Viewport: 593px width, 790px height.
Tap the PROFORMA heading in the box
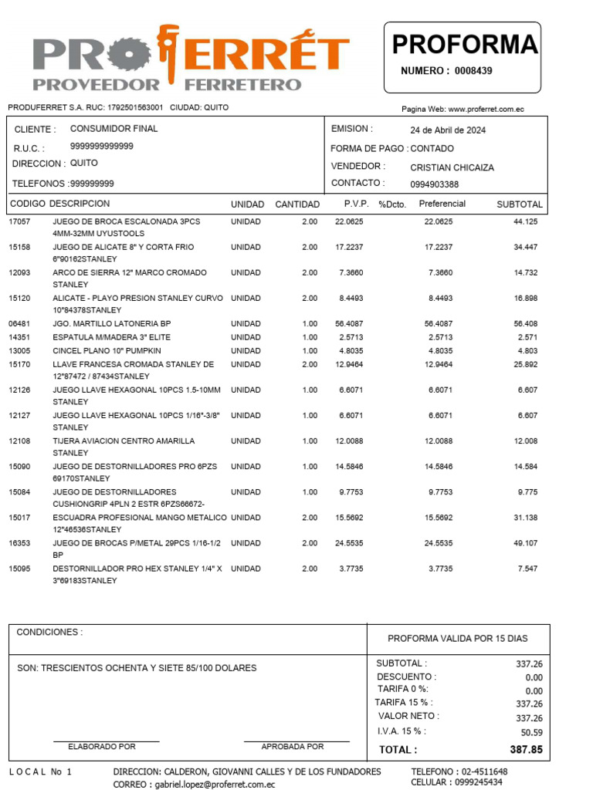(x=464, y=45)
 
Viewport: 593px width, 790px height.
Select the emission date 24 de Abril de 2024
(x=448, y=130)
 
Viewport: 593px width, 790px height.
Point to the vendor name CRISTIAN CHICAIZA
(x=452, y=167)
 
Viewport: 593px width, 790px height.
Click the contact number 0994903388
(x=434, y=184)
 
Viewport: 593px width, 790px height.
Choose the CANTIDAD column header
(x=297, y=204)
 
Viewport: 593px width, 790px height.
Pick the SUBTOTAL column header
(x=520, y=204)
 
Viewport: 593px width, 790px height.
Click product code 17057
(x=19, y=221)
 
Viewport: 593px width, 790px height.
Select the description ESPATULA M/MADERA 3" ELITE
(x=111, y=337)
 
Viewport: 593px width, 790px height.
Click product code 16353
(x=19, y=543)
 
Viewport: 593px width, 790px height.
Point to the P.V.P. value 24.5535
(x=349, y=543)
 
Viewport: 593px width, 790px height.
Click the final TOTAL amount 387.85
(x=526, y=749)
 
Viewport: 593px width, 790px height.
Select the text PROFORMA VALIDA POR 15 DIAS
(x=457, y=638)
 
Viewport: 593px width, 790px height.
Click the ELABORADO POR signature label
(x=102, y=746)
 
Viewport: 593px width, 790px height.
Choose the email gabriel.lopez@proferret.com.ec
(x=215, y=784)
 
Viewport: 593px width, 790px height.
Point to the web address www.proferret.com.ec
(x=486, y=110)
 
